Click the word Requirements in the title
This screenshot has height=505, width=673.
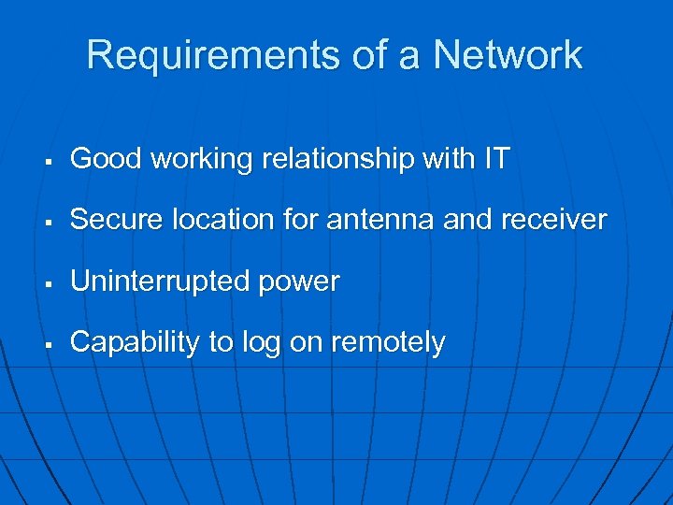(x=214, y=55)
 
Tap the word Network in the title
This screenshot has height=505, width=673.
(x=507, y=55)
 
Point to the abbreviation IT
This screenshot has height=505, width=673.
(x=496, y=159)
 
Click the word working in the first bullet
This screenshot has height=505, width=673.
(x=201, y=160)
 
